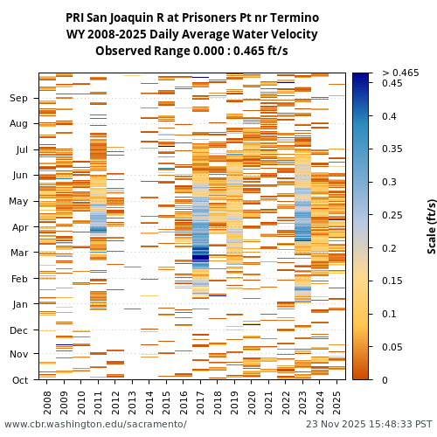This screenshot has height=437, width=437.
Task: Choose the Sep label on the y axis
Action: coord(18,99)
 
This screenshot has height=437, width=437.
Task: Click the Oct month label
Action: coord(19,380)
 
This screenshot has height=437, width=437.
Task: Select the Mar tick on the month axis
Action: coord(18,253)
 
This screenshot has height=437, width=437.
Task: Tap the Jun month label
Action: coord(18,176)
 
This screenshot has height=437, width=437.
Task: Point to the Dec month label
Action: coord(18,330)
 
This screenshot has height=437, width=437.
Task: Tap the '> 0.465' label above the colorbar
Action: coord(400,73)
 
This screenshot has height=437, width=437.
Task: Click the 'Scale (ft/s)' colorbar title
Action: coord(432,226)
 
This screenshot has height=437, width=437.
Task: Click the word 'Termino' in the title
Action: coord(296,18)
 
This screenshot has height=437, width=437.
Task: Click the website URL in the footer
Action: coord(95,425)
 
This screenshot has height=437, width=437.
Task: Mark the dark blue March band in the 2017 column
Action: coord(201,255)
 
